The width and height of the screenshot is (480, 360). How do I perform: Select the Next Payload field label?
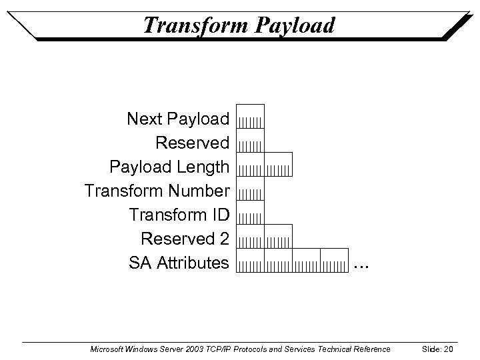[x=178, y=119]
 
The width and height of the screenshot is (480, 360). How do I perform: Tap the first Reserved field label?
[x=192, y=143]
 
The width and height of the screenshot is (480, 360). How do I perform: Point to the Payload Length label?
[x=169, y=167]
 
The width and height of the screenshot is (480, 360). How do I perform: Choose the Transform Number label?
[x=157, y=191]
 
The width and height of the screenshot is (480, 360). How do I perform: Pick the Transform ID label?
[x=179, y=215]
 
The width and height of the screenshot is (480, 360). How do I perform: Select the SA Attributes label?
[x=179, y=263]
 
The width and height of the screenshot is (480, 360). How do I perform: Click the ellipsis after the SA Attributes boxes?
[x=361, y=266]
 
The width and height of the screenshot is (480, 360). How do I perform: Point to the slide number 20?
[x=447, y=349]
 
